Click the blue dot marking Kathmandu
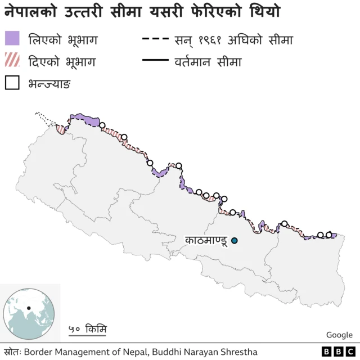[x=235, y=241]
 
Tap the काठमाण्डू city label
[x=206, y=241]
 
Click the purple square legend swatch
[x=12, y=38]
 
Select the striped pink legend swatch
[x=12, y=61]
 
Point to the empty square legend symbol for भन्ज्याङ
[x=12, y=83]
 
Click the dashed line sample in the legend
[x=156, y=39]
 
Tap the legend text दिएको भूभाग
[x=61, y=61]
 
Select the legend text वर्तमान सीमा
[x=208, y=61]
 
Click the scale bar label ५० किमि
[x=87, y=329]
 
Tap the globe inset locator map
[x=29, y=313]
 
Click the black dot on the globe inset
[x=28, y=308]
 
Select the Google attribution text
[x=339, y=335]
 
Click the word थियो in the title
[x=264, y=11]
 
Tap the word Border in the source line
[x=39, y=352]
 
